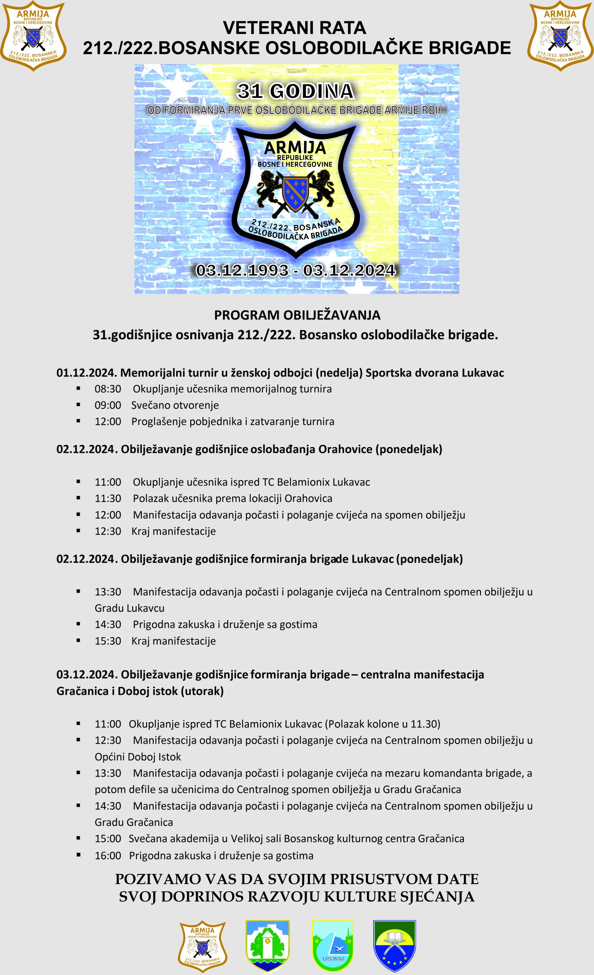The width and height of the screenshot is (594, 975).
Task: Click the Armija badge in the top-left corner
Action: pos(33,36)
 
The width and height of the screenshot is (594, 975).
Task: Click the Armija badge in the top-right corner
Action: pos(561,36)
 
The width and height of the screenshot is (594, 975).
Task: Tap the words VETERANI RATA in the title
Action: pos(295,28)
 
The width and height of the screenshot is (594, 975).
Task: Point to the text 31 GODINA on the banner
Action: pos(295,91)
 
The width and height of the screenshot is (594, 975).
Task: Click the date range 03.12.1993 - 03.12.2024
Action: pos(296,270)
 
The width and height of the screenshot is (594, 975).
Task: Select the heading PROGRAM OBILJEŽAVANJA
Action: pos(297,315)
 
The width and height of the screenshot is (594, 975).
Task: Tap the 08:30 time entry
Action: pos(108,389)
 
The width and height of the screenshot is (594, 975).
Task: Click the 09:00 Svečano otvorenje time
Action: pos(108,405)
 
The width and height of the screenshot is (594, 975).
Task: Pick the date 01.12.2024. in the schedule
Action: pos(87,373)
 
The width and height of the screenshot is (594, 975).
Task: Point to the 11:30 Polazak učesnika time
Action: pos(108,499)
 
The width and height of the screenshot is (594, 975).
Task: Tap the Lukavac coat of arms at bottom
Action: pos(333,946)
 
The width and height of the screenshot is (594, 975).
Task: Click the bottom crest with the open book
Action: pos(394,946)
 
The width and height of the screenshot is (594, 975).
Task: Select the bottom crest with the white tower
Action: pos(268,946)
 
